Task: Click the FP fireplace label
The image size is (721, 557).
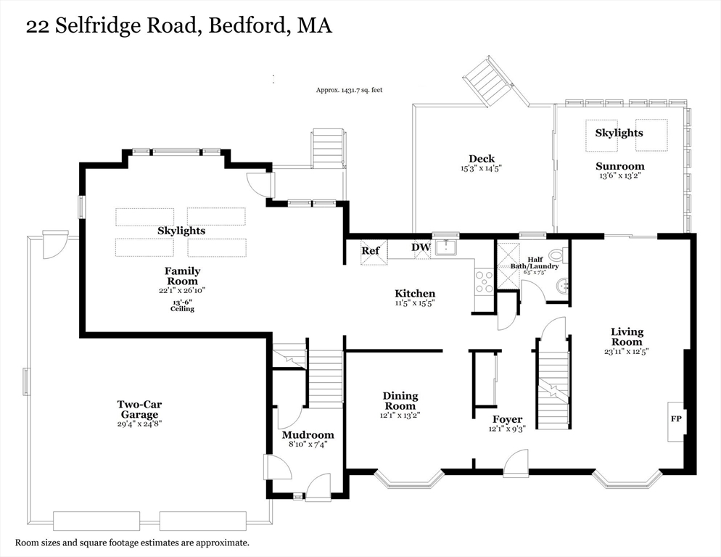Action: pos(675,419)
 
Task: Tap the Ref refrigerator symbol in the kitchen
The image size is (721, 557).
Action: pos(371,252)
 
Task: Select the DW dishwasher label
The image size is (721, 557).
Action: pos(421,247)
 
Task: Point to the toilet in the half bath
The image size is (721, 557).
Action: pos(557,255)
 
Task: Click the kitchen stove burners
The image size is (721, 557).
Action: pos(483,281)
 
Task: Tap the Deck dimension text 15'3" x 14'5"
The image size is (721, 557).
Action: pos(481,168)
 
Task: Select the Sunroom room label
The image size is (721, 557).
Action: pos(619,166)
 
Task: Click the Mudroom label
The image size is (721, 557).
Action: pos(308,435)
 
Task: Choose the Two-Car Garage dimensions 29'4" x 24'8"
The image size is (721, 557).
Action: pos(139,424)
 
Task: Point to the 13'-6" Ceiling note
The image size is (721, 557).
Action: pos(183,305)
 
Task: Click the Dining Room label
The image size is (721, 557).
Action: pos(400,401)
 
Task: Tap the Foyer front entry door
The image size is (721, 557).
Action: pos(516,462)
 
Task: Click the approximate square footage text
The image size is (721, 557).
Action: pos(349,91)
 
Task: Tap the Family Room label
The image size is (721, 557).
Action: pos(183,276)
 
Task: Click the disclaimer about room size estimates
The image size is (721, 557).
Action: pos(133,542)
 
